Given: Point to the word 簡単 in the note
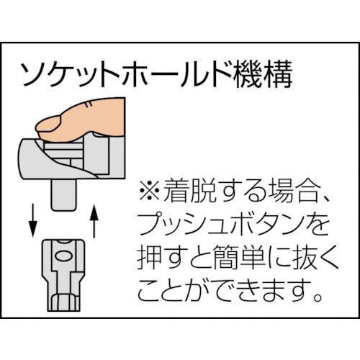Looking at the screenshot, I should tap(229, 258).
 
